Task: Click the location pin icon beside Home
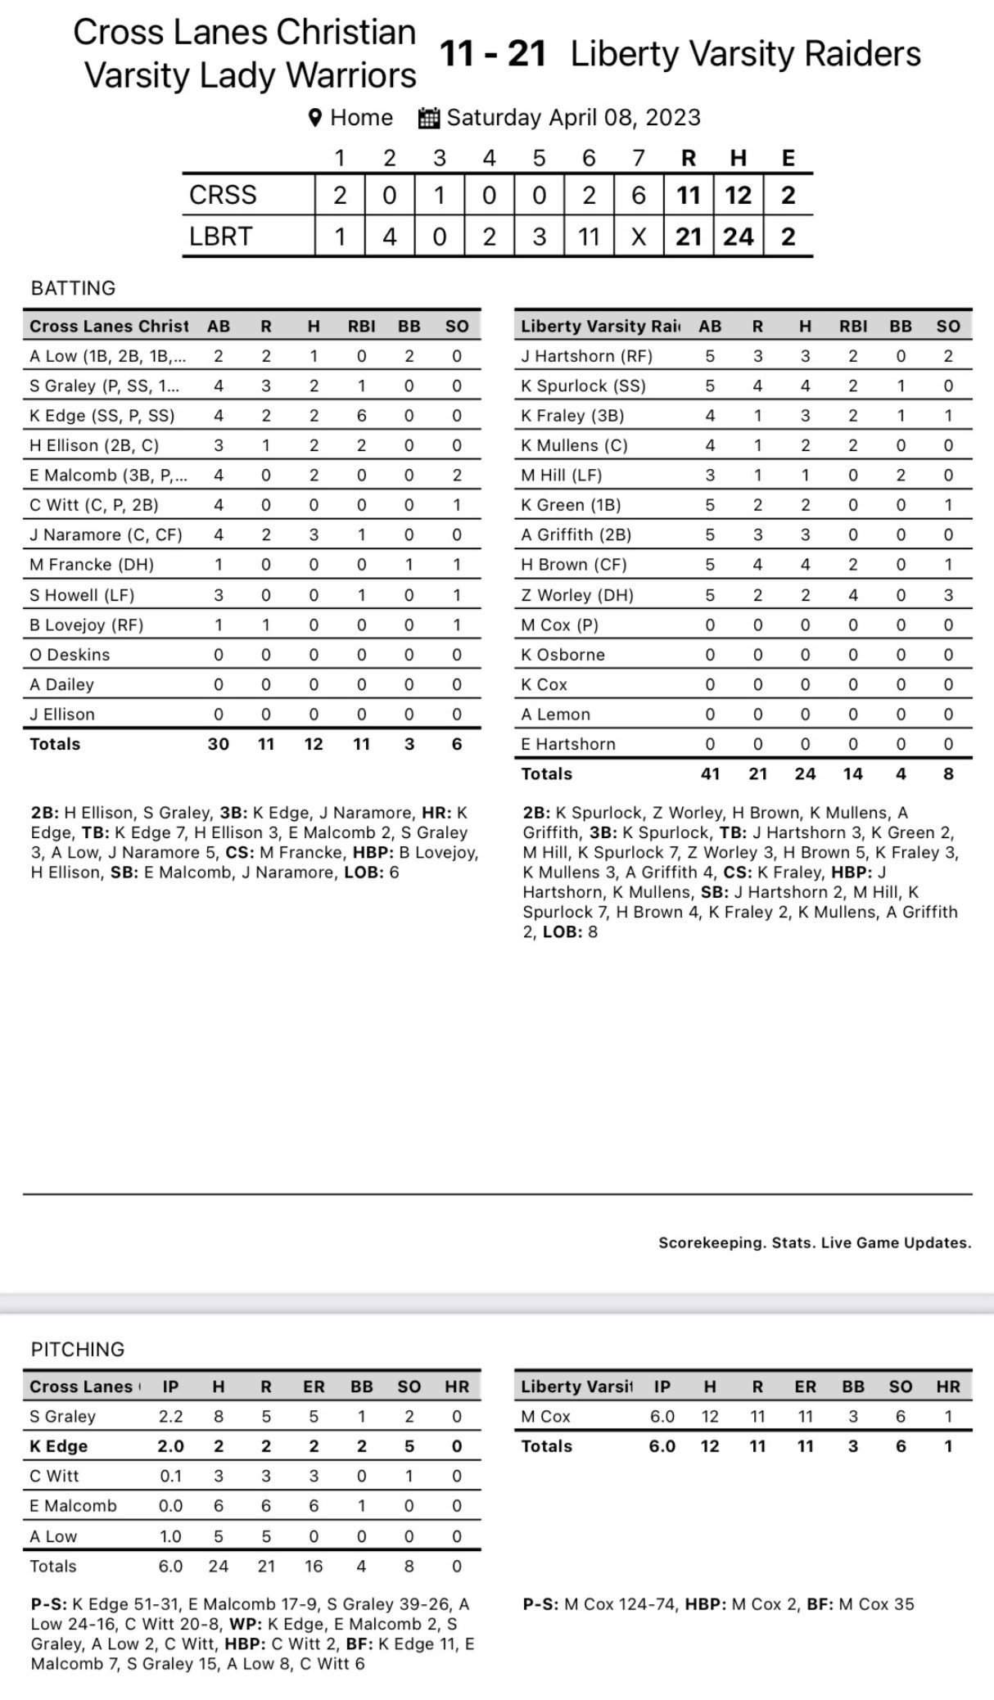click(x=314, y=118)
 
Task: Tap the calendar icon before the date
click(x=429, y=118)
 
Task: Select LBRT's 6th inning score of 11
click(x=589, y=237)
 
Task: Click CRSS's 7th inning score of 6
click(x=639, y=195)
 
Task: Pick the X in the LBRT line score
click(x=639, y=237)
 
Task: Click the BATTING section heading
click(x=73, y=288)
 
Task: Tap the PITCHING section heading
click(x=78, y=1349)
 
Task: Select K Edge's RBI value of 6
click(x=361, y=416)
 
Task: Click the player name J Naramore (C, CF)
click(x=106, y=535)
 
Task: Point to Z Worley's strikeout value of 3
click(x=948, y=595)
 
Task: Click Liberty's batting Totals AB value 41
click(x=710, y=773)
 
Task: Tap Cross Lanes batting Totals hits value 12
click(x=314, y=744)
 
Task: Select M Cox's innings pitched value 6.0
click(x=662, y=1417)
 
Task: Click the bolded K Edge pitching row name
click(x=59, y=1446)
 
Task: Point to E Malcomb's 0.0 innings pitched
click(x=170, y=1506)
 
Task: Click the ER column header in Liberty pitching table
click(x=805, y=1387)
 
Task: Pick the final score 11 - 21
click(x=493, y=54)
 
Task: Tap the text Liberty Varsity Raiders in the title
click(x=745, y=54)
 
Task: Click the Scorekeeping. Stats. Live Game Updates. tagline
click(x=815, y=1242)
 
